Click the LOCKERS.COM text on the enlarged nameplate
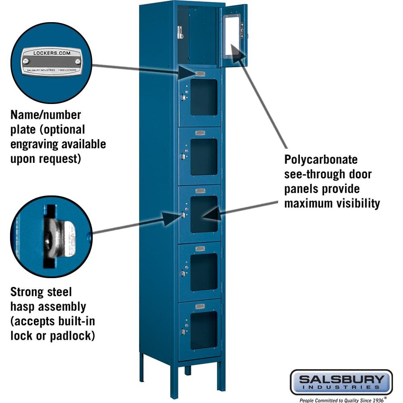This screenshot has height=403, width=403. [52, 53]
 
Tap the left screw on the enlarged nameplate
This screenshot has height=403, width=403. [25, 61]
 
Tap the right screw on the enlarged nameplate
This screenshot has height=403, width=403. [78, 61]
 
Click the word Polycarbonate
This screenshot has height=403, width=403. [321, 160]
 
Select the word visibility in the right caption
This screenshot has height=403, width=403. [358, 203]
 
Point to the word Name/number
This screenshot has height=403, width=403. [46, 115]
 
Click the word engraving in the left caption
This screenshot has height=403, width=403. [34, 144]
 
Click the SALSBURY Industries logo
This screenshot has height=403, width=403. [341, 382]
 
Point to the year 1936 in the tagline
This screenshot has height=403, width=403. [378, 400]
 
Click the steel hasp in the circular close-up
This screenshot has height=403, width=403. [60, 237]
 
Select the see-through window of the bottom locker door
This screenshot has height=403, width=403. [204, 330]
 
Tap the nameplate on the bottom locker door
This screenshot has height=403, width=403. [200, 306]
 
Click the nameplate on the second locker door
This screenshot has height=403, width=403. [200, 74]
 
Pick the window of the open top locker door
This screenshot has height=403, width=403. [232, 35]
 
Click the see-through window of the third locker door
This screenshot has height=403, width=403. [204, 157]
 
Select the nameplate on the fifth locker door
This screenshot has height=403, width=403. [200, 249]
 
